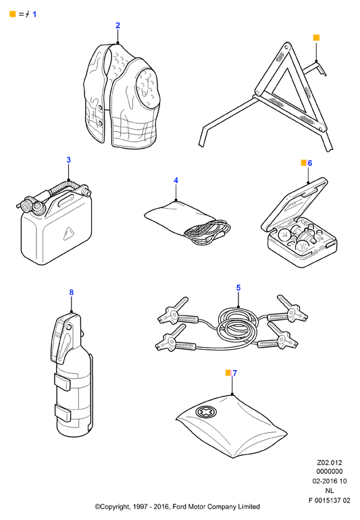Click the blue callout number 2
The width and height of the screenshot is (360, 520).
pyautogui.click(x=118, y=25)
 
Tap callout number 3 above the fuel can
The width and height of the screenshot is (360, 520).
pyautogui.click(x=69, y=160)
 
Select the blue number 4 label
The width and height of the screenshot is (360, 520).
pyautogui.click(x=176, y=180)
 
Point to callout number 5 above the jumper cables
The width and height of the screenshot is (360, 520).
pyautogui.click(x=238, y=288)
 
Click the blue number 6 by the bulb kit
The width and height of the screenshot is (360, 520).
pyautogui.click(x=310, y=163)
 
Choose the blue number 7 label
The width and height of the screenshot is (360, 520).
pyautogui.click(x=235, y=373)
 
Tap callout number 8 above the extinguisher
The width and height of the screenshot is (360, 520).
pyautogui.click(x=72, y=292)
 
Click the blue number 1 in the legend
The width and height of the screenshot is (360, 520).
pyautogui.click(x=34, y=14)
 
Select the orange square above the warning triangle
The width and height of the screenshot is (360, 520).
pyautogui.click(x=316, y=37)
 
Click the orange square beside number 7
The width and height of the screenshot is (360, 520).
pyautogui.click(x=228, y=373)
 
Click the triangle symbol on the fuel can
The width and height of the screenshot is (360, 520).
pyautogui.click(x=69, y=234)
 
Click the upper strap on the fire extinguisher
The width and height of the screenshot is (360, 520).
pyautogui.click(x=62, y=382)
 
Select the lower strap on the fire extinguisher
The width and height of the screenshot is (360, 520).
pyautogui.click(x=62, y=413)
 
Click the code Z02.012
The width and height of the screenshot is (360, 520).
pyautogui.click(x=330, y=463)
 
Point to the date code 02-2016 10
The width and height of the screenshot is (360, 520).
pyautogui.click(x=330, y=481)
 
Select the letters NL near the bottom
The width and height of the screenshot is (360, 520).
pyautogui.click(x=330, y=490)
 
